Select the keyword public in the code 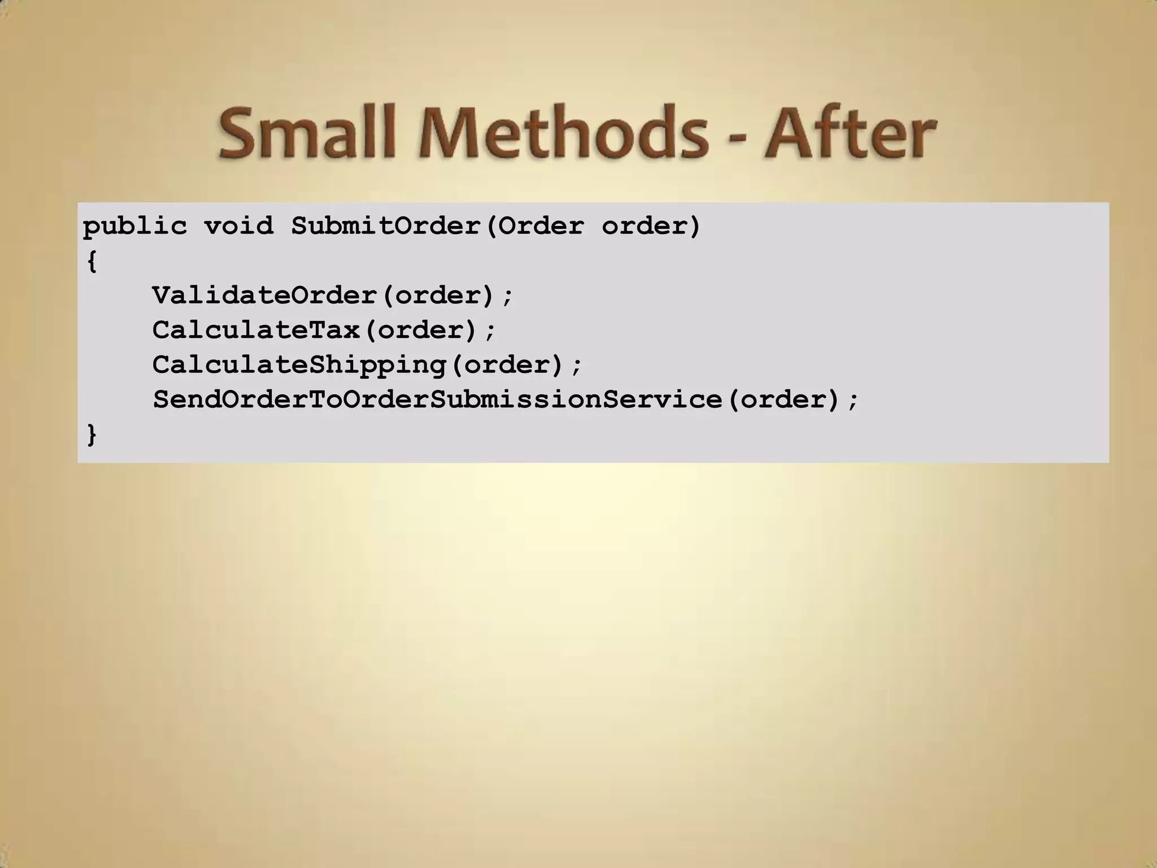(134, 227)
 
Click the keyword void (238, 227)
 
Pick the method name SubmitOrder (386, 227)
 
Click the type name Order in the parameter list (541, 227)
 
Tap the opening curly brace (92, 262)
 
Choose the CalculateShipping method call (299, 365)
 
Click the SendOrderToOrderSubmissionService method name (437, 400)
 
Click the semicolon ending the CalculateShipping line (576, 366)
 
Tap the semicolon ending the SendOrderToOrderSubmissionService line (853, 401)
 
